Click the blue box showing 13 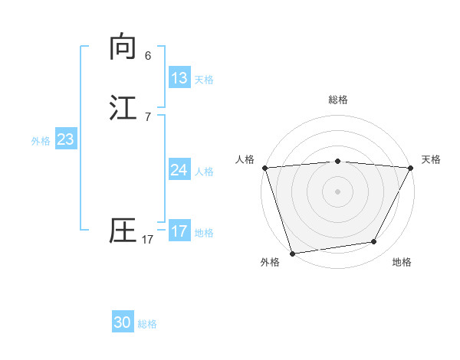pyautogui.click(x=179, y=78)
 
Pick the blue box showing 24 pyautogui.click(x=179, y=170)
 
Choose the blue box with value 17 pyautogui.click(x=179, y=231)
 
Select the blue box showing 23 pyautogui.click(x=65, y=140)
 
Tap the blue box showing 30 pyautogui.click(x=123, y=322)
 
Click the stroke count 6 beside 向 pyautogui.click(x=148, y=56)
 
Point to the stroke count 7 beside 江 pyautogui.click(x=148, y=117)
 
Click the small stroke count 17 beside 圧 pyautogui.click(x=148, y=240)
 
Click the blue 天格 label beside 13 pyautogui.click(x=204, y=80)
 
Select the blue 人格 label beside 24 pyautogui.click(x=204, y=172)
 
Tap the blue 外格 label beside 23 pyautogui.click(x=41, y=141)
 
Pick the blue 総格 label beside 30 pyautogui.click(x=147, y=324)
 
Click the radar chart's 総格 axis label pyautogui.click(x=338, y=100)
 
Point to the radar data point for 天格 pyautogui.click(x=411, y=168)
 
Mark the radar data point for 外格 pyautogui.click(x=292, y=253)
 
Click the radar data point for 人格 pyautogui.click(x=264, y=168)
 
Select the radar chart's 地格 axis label pyautogui.click(x=402, y=263)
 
